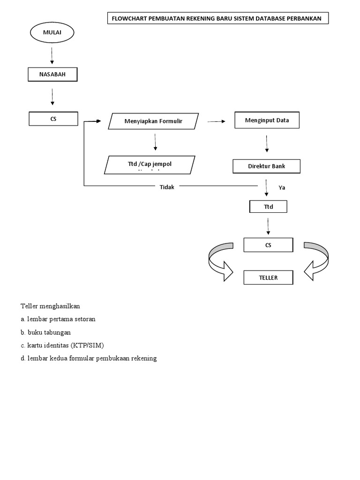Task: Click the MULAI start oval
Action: pos(52,32)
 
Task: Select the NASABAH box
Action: pos(52,75)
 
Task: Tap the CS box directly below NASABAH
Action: pos(53,119)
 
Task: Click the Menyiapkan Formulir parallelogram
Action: pos(153,121)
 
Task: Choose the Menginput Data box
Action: pos(267,120)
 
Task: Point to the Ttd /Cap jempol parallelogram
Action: pos(148,165)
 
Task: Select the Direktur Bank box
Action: pos(266,166)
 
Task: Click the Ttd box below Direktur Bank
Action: pos(268,206)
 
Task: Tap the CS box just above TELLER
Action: pos(268,245)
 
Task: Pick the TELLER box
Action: pos(268,277)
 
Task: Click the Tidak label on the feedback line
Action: pos(166,187)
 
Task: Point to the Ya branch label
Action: pos(282,187)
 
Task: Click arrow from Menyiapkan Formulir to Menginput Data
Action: pos(216,121)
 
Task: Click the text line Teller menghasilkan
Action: pos(51,306)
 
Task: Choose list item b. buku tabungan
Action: pos(46,332)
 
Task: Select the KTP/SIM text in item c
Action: pos(90,345)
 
